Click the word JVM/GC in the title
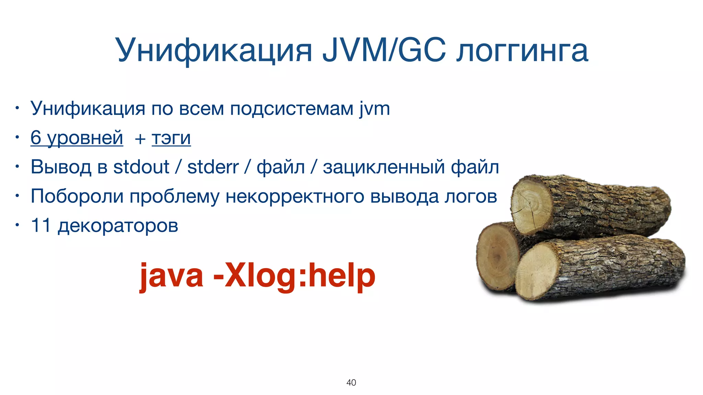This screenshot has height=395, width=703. [384, 50]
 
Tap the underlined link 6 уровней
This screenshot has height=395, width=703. [77, 138]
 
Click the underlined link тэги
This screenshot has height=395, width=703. [171, 138]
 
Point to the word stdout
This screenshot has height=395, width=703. [141, 167]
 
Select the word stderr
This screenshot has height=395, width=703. [213, 167]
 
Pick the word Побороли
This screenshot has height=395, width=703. [77, 196]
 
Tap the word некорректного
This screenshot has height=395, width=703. [295, 196]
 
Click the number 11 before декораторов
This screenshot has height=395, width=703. [41, 226]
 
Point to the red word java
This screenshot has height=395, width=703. [171, 276]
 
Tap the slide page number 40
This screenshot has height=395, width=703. [351, 382]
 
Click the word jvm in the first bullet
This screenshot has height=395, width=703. [374, 109]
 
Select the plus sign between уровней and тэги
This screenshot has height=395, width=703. [140, 139]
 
